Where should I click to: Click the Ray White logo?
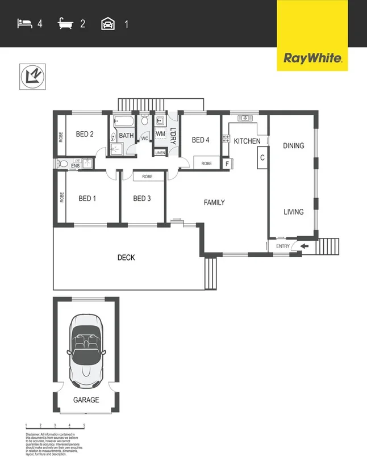[x=312, y=58]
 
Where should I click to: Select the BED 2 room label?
[x=84, y=135]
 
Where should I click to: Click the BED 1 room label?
[x=87, y=198]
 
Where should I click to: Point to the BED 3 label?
[x=142, y=198]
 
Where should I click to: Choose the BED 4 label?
[x=201, y=140]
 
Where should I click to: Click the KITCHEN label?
[x=247, y=141]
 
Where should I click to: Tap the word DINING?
[x=294, y=146]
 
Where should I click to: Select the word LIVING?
[x=294, y=212]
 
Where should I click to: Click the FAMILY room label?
[x=215, y=202]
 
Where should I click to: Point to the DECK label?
[x=126, y=258]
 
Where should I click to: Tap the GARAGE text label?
[x=86, y=400]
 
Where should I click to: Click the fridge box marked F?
[x=227, y=164]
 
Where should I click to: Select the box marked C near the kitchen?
[x=262, y=157]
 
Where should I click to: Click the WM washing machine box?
[x=160, y=134]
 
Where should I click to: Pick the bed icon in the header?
[x=24, y=24]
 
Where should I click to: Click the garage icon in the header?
[x=106, y=24]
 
